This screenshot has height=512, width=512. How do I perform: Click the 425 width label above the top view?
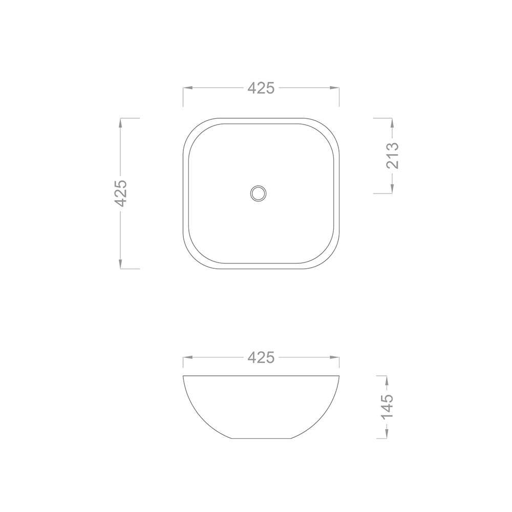click(261, 88)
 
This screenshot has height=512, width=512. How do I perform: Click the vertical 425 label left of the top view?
click(120, 193)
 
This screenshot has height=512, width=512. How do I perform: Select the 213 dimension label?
click(393, 156)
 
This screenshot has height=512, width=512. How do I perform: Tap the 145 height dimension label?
click(387, 407)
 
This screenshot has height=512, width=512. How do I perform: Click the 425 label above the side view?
click(261, 357)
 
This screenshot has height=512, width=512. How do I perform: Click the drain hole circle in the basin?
click(258, 194)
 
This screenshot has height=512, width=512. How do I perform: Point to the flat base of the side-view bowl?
click(261, 438)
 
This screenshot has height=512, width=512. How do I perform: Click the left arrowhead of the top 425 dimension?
click(187, 88)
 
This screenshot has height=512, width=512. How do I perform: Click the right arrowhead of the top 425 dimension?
click(334, 88)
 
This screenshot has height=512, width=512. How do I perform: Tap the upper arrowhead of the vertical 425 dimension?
click(120, 123)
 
